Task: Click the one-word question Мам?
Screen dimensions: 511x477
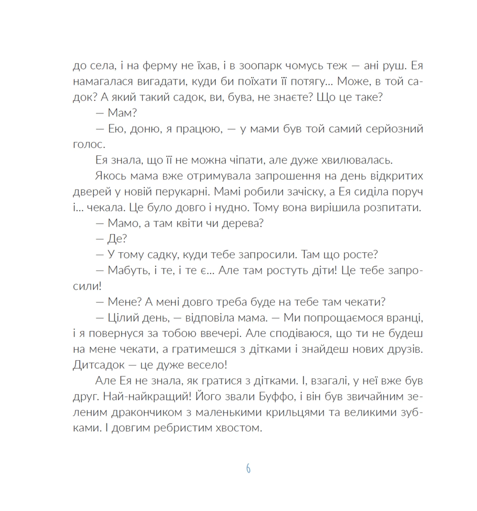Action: [122, 113]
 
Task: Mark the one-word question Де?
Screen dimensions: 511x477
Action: [117, 239]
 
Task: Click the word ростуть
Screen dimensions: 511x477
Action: [287, 270]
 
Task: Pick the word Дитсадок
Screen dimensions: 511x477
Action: [99, 365]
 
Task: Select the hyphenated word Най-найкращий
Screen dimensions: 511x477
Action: [147, 397]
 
